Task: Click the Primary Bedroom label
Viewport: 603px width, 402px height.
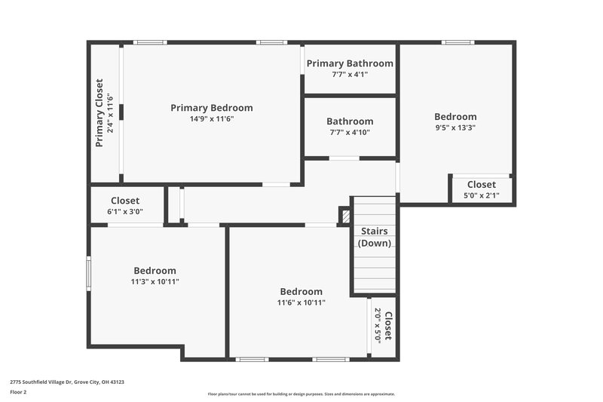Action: (211, 108)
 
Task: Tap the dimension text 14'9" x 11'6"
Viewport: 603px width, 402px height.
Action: (211, 119)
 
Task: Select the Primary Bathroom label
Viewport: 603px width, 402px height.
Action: (350, 63)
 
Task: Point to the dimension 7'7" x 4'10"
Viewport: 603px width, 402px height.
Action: (350, 133)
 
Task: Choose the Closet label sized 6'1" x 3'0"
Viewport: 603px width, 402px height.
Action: (125, 201)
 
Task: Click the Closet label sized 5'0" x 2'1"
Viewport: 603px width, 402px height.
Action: (481, 184)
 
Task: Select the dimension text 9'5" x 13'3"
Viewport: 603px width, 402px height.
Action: (455, 128)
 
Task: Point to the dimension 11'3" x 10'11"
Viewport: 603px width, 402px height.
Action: (155, 282)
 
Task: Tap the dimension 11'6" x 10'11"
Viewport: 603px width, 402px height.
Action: (301, 303)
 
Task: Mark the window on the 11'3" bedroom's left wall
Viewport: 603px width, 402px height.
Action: (89, 272)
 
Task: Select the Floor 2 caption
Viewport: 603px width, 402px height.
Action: (18, 393)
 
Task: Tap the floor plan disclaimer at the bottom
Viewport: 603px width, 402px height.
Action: (301, 394)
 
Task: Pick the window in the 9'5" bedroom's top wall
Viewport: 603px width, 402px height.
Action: (458, 42)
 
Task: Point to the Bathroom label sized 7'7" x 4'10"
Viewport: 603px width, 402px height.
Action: (350, 121)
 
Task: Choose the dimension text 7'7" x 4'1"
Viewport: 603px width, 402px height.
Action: (350, 75)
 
